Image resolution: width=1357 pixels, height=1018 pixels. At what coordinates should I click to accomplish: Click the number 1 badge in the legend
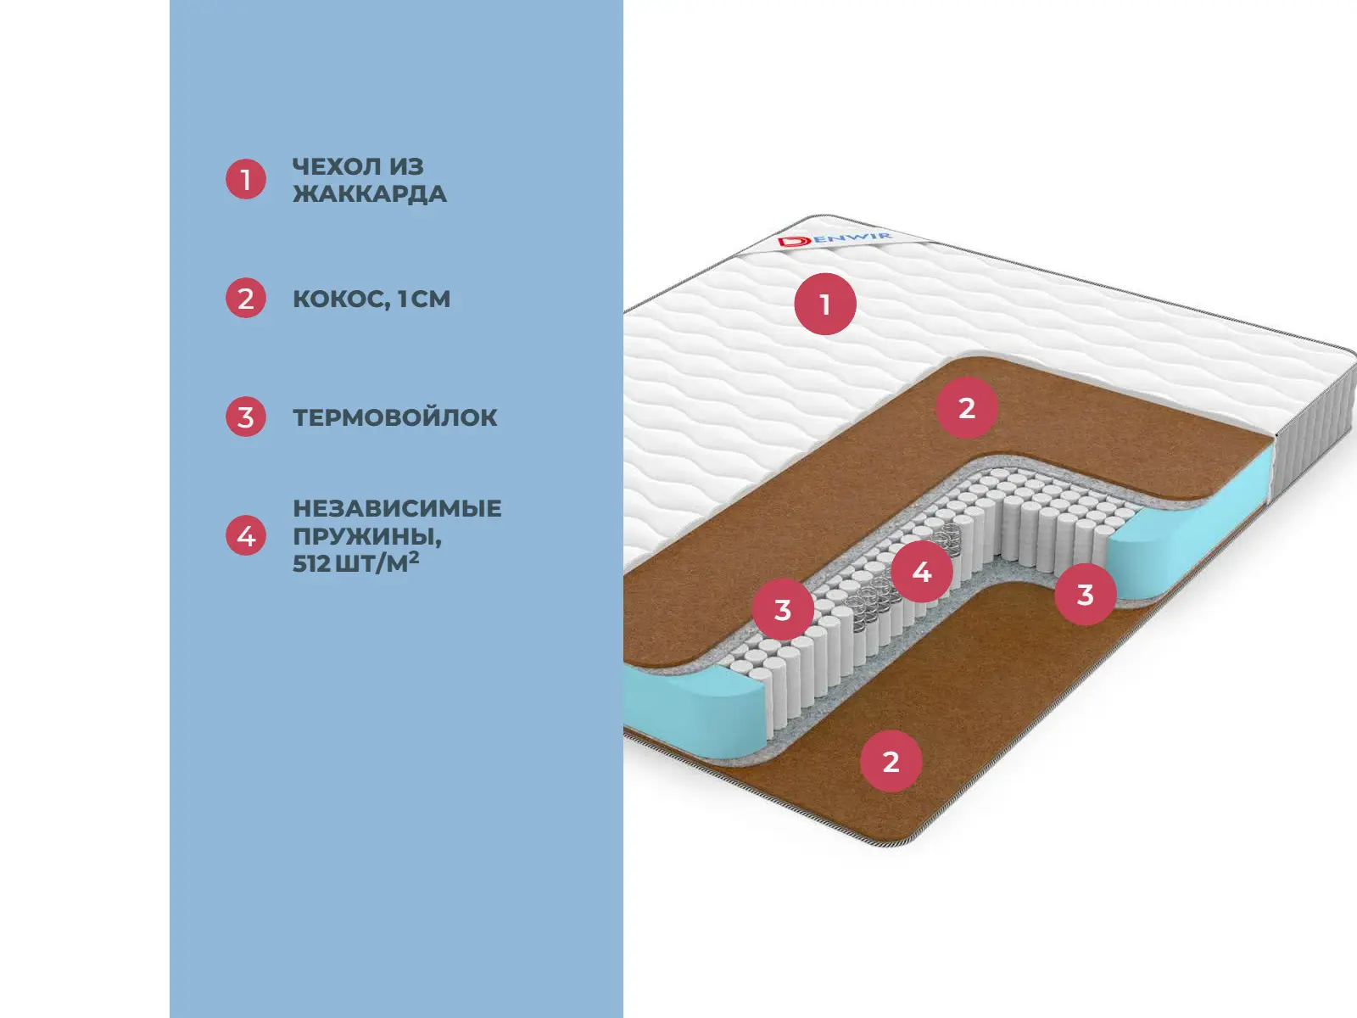pyautogui.click(x=246, y=179)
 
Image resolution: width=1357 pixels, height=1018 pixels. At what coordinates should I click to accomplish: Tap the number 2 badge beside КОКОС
pyautogui.click(x=246, y=299)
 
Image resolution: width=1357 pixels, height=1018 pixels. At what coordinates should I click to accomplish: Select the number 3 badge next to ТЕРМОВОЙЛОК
pyautogui.click(x=246, y=417)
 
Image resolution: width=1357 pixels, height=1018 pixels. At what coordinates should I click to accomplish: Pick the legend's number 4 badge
pyautogui.click(x=246, y=535)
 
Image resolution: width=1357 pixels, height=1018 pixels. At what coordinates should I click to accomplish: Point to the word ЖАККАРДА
pyautogui.click(x=370, y=194)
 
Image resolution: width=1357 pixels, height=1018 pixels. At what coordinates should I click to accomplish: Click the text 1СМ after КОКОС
pyautogui.click(x=424, y=299)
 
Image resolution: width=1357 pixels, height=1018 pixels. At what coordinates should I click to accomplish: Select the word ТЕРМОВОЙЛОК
pyautogui.click(x=395, y=417)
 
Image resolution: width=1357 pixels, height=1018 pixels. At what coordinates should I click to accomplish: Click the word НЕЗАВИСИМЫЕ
pyautogui.click(x=397, y=508)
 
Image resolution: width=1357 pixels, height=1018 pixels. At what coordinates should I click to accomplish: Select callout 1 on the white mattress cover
pyautogui.click(x=825, y=304)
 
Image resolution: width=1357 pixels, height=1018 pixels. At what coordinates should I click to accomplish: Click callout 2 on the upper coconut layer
pyautogui.click(x=967, y=408)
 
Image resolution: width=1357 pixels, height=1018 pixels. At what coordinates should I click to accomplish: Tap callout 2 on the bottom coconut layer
pyautogui.click(x=891, y=762)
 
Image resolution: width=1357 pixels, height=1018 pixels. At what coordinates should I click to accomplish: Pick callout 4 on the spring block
pyautogui.click(x=922, y=572)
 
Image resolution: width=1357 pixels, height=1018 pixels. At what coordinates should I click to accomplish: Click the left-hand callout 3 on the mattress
pyautogui.click(x=783, y=609)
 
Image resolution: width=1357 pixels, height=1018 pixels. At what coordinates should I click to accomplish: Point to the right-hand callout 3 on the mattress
pyautogui.click(x=1086, y=595)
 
